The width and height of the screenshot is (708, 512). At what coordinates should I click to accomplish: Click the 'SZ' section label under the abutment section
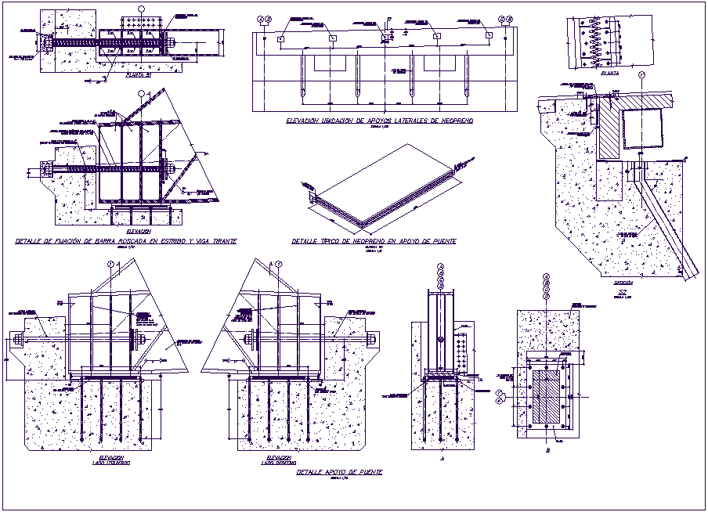(x=623, y=292)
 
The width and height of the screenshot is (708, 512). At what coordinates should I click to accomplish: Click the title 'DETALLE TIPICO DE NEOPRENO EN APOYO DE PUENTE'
(x=373, y=241)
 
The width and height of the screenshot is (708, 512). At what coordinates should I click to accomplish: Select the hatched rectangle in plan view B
(x=547, y=397)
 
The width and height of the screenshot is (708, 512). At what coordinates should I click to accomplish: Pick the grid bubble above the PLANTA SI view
(x=141, y=9)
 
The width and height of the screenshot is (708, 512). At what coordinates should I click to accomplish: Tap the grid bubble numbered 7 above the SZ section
(x=641, y=75)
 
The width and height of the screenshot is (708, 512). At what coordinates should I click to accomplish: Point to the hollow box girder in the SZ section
(x=640, y=129)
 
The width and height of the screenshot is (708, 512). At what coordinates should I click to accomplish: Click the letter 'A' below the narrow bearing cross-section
(x=442, y=459)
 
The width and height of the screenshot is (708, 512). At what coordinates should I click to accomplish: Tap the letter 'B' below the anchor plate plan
(x=547, y=451)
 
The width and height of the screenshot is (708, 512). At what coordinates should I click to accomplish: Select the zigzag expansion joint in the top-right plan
(x=598, y=42)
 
